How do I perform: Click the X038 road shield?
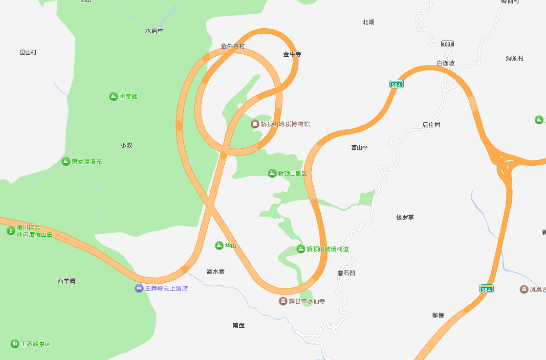pos(447,44)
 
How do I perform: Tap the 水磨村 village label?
pos(154,31)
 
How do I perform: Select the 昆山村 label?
pos(28,53)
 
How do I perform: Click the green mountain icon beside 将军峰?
pos(113,96)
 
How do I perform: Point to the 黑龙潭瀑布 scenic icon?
pos(65,162)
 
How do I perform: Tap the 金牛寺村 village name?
pos(233,46)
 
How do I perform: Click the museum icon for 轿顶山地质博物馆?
pos(255,124)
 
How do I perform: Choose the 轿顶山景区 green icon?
pos(272,173)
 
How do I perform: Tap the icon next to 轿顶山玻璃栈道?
pos(301,249)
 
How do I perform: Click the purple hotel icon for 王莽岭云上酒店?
pos(139,288)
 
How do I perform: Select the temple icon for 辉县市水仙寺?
pos(282,301)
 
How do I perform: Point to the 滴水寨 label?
pos(215,272)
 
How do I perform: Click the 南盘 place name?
pos(238,325)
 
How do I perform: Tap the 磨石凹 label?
pos(346,273)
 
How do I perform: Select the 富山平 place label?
pos(359,147)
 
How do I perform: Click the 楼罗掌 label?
pos(405,217)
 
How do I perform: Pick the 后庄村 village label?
pos(431,125)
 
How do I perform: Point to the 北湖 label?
pos(368,22)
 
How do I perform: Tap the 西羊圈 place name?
pos(67,281)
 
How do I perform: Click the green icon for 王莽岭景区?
pos(14,344)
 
